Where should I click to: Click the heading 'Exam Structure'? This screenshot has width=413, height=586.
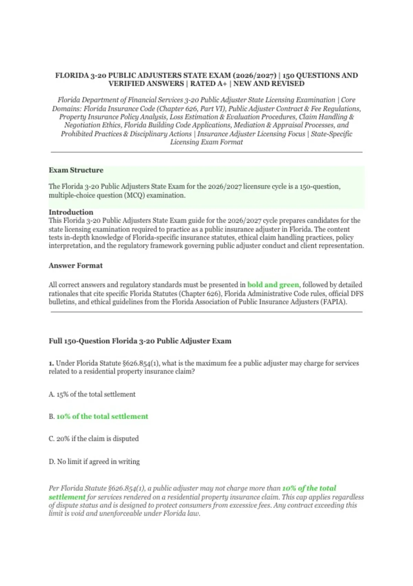tap(76, 170)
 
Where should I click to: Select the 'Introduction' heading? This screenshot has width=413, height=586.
tap(71, 212)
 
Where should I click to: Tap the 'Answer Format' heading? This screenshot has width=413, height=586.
tap(75, 265)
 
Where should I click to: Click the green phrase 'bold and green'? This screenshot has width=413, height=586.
tap(273, 285)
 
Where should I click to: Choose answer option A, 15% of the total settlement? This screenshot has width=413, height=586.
tap(92, 394)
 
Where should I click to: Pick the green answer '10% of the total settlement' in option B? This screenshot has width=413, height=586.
tap(102, 416)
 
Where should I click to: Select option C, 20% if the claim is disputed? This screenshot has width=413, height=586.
tap(94, 439)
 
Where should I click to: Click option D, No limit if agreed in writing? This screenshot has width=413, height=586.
tap(94, 462)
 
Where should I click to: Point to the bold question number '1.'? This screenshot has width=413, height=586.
tap(51, 363)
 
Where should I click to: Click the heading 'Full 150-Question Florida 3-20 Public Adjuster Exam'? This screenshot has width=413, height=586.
tap(140, 341)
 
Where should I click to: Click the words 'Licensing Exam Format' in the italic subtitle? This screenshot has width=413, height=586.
tap(206, 142)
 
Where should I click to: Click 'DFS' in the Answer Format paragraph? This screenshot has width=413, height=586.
tap(357, 294)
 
